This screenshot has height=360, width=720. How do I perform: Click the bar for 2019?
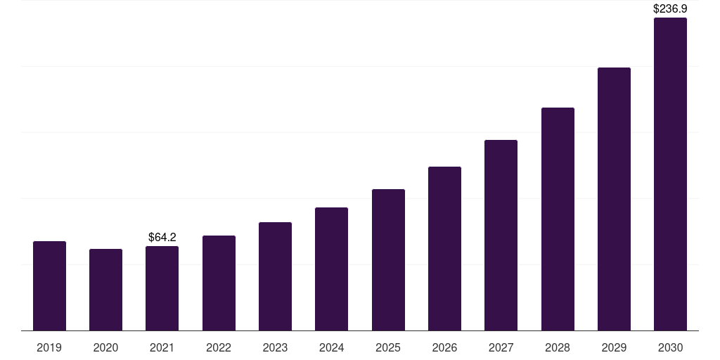click(49, 286)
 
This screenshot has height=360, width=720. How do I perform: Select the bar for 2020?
click(105, 290)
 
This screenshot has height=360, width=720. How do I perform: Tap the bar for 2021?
click(162, 288)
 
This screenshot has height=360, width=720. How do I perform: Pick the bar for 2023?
click(275, 276)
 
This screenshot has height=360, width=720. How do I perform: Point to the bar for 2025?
click(388, 260)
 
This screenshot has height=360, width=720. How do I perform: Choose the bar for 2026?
click(444, 249)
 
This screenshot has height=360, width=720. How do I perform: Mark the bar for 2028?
click(558, 219)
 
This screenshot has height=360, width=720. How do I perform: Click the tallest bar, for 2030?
click(670, 174)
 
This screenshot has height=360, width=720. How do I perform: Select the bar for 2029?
click(614, 199)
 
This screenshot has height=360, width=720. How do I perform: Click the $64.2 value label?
click(162, 238)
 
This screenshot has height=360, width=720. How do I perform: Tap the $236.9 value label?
click(670, 9)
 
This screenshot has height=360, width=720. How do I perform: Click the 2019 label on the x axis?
click(49, 347)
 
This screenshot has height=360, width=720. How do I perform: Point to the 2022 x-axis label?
click(219, 347)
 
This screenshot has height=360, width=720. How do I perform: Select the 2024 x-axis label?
click(331, 347)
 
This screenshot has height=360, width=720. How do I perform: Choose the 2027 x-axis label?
click(501, 347)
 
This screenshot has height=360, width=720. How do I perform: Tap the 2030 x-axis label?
click(670, 347)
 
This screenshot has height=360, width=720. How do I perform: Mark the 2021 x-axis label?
click(162, 347)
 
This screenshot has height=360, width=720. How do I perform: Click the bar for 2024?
click(331, 269)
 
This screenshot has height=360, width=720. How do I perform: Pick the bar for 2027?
click(501, 236)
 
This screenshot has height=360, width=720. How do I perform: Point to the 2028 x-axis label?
click(558, 347)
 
